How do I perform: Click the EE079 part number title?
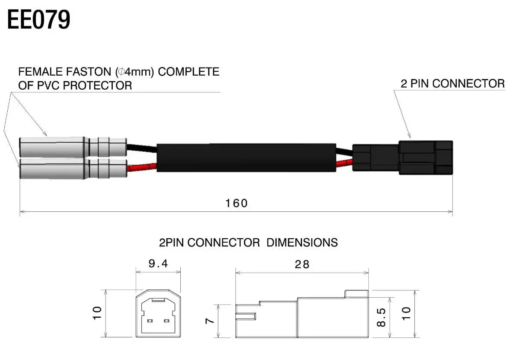point(39,20)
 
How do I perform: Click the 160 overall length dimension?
point(236,203)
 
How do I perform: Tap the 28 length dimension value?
point(302,264)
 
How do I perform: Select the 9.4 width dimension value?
point(158,263)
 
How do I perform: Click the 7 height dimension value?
point(209,321)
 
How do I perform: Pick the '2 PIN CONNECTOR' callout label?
point(452,84)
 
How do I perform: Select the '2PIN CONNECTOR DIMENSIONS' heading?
point(248,243)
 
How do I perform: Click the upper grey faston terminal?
point(73,146)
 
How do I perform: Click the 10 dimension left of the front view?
point(97,313)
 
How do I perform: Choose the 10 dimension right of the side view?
point(406,313)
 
